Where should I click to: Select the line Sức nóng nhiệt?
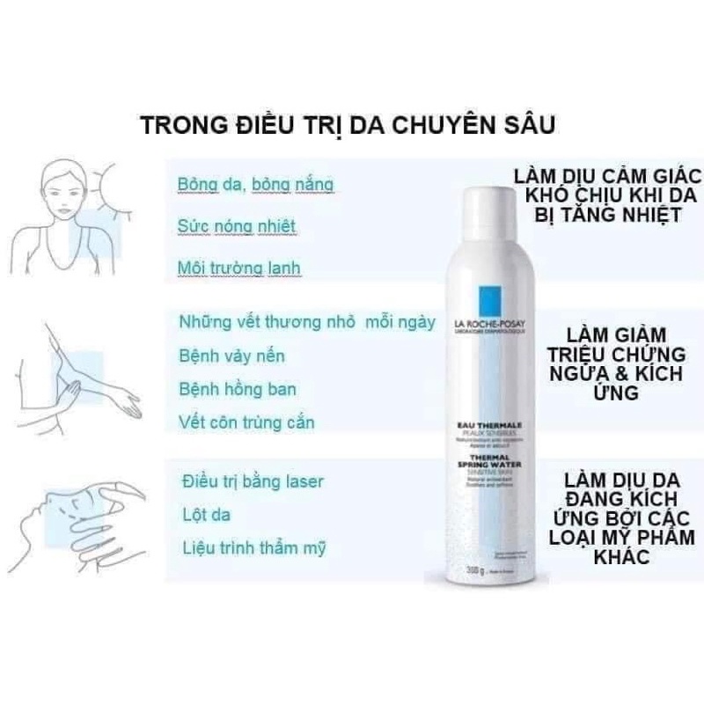pyautogui.click(x=224, y=226)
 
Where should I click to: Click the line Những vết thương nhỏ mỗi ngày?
pyautogui.click(x=306, y=323)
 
